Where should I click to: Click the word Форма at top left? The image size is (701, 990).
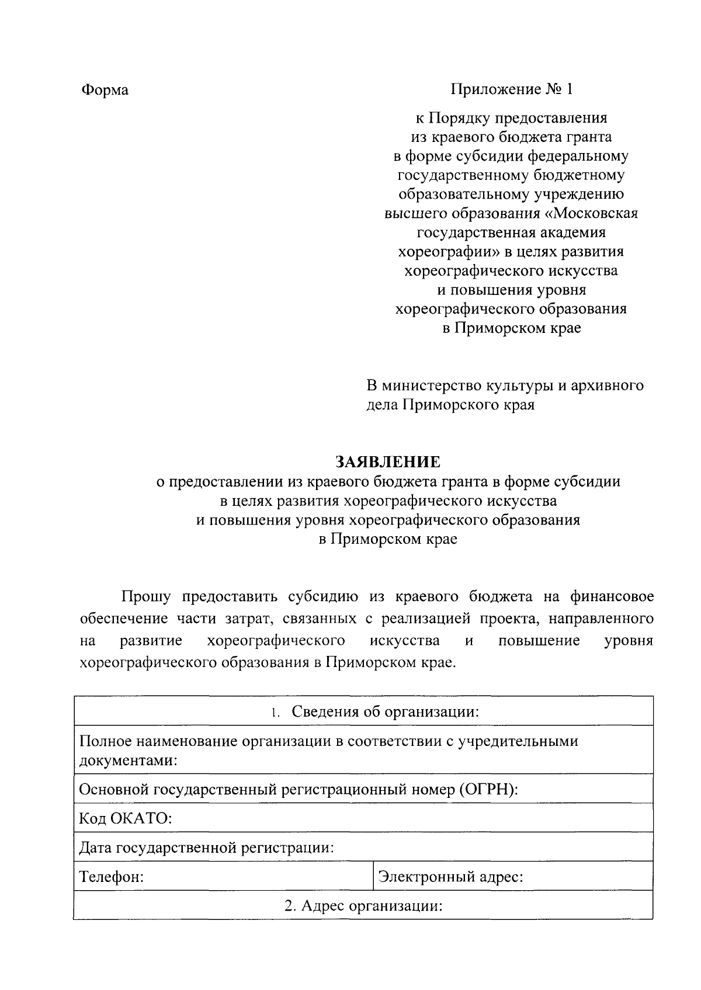[x=105, y=90]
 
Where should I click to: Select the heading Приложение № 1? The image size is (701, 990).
[x=512, y=89]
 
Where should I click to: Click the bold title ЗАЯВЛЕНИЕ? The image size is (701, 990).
[x=388, y=463]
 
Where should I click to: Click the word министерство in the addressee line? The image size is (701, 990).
[x=431, y=385]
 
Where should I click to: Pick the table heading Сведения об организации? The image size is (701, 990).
[x=386, y=711]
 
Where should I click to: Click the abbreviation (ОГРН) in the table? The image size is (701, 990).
[x=488, y=789]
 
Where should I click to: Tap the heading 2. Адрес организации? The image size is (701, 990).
[x=363, y=906]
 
